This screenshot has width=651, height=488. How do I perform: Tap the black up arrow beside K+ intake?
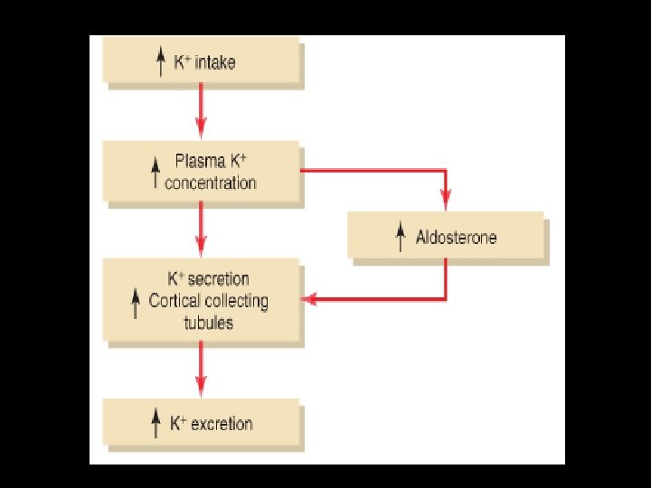click(160, 63)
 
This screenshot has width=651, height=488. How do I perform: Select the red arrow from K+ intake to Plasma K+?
click(201, 112)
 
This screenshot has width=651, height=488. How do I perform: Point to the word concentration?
click(210, 183)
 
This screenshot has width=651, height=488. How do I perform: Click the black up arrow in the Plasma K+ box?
click(156, 172)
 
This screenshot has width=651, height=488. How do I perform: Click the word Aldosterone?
click(457, 238)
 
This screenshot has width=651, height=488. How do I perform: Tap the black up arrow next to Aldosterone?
click(401, 238)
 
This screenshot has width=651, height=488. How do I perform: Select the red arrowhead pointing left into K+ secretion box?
click(309, 298)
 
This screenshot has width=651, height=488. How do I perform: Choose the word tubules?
click(208, 323)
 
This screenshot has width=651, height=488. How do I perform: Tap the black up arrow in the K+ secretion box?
click(136, 301)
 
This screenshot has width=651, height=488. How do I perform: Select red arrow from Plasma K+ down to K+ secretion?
click(201, 228)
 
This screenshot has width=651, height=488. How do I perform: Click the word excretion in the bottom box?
click(222, 423)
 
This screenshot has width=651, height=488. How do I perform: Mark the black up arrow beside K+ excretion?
click(156, 423)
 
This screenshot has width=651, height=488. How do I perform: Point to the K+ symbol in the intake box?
click(181, 63)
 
